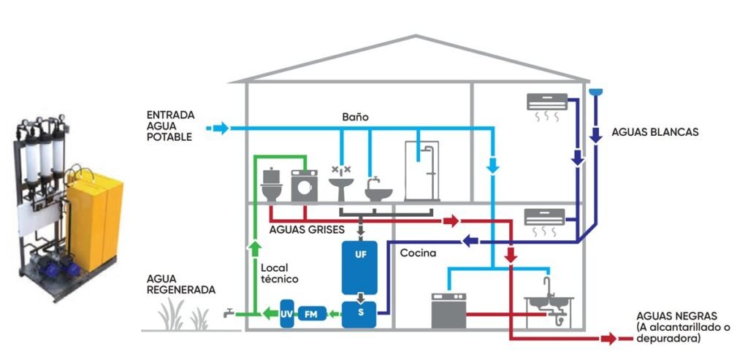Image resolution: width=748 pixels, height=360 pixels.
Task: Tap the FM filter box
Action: pyautogui.click(x=312, y=314)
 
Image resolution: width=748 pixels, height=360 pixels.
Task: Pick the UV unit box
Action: pyautogui.click(x=286, y=314)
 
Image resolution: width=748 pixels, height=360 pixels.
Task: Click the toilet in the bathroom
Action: pyautogui.click(x=272, y=185)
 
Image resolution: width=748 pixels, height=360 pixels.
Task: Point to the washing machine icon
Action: pyautogui.click(x=304, y=186)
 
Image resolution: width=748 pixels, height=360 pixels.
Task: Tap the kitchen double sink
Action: pyautogui.click(x=550, y=301)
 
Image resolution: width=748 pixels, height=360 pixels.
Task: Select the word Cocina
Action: pyautogui.click(x=418, y=253)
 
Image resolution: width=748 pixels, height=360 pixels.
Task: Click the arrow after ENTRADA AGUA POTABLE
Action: pyautogui.click(x=218, y=129)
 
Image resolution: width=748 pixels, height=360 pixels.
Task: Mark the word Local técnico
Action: pyautogui.click(x=280, y=273)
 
